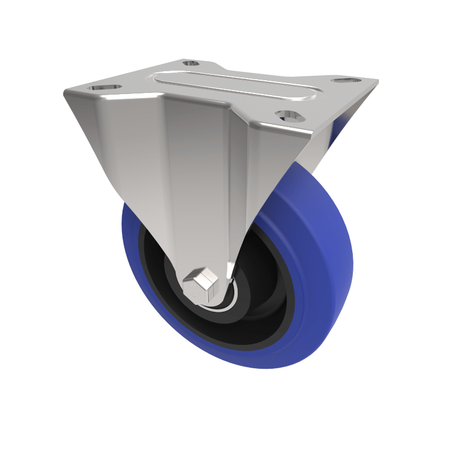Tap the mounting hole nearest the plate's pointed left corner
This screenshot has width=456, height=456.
[105, 87]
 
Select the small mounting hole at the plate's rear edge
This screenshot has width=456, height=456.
[192, 63]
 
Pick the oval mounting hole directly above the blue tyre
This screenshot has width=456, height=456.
[290, 116]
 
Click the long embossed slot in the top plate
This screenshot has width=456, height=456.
[234, 87]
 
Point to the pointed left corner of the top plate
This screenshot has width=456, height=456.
[65, 92]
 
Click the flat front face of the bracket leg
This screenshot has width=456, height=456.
[199, 188]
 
